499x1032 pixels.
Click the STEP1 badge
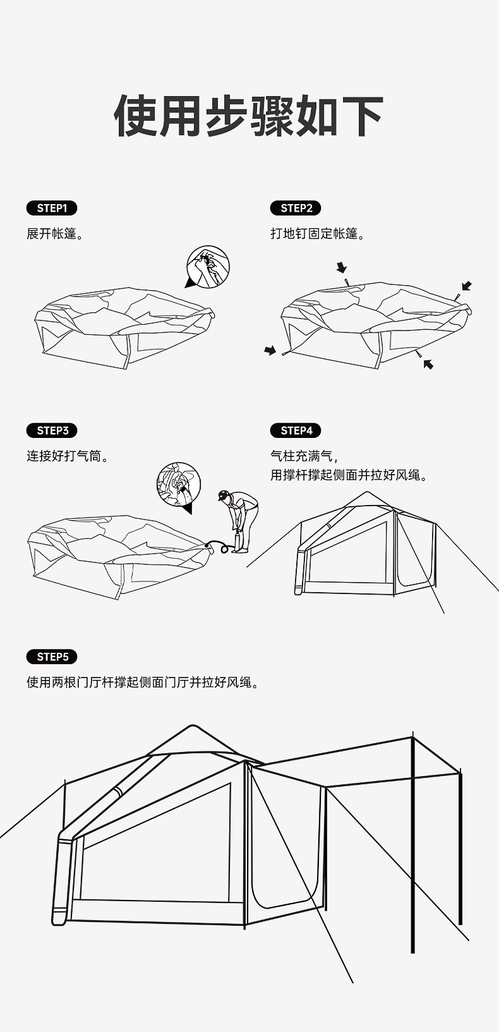[52, 208]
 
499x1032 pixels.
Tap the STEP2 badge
[296, 208]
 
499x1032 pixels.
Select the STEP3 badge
[52, 430]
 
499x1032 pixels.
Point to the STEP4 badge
[296, 430]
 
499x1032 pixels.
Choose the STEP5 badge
[52, 657]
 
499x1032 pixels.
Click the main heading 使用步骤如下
[249, 116]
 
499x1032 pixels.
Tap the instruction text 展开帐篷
[55, 234]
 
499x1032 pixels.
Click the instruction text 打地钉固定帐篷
[318, 234]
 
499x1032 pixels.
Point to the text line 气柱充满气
[304, 456]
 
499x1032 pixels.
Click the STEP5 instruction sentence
[143, 683]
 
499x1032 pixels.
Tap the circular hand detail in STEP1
[208, 268]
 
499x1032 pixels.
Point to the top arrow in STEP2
[342, 267]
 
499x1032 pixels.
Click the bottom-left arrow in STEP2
[270, 350]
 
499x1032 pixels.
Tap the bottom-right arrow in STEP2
[428, 363]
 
